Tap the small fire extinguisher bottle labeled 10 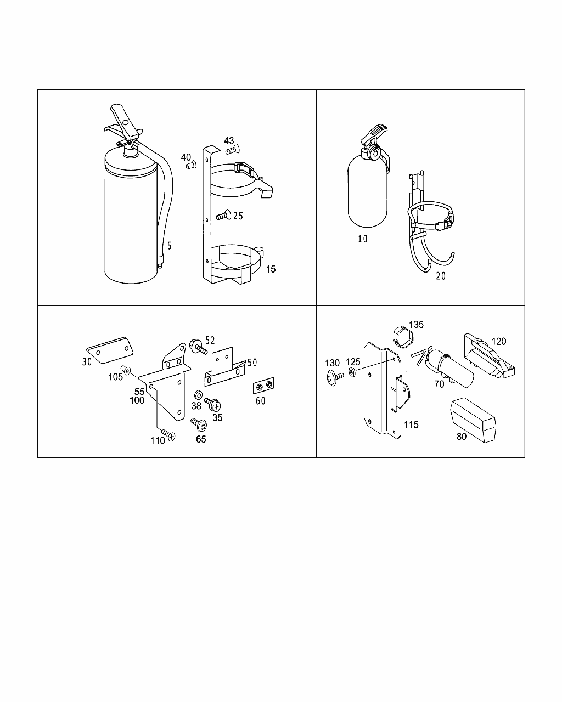click(367, 192)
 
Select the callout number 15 click(270, 269)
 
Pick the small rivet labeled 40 click(191, 165)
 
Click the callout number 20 click(441, 276)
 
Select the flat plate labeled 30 click(110, 349)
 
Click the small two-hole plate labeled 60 click(264, 387)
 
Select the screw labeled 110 click(168, 435)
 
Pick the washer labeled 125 click(352, 373)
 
